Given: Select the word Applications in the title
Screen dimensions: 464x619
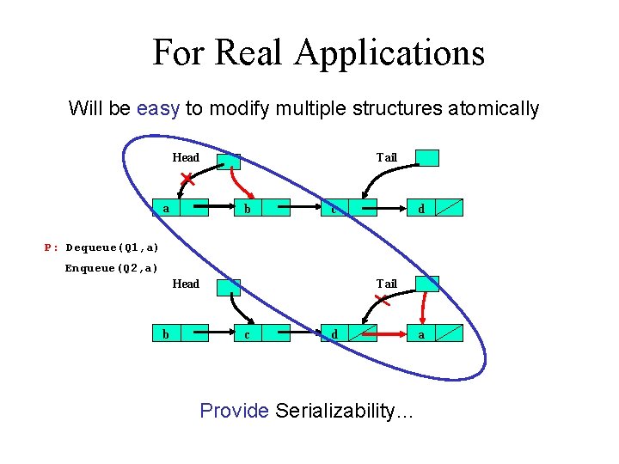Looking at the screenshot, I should pyautogui.click(x=389, y=54).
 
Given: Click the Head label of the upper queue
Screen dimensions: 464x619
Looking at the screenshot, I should pyautogui.click(x=186, y=157).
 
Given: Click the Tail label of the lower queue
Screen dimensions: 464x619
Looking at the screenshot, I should pyautogui.click(x=387, y=284).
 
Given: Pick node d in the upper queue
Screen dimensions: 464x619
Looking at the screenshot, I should pyautogui.click(x=435, y=208).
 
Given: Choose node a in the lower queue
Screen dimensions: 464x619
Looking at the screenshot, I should pyautogui.click(x=435, y=333).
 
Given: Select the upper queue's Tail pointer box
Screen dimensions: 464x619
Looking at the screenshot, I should pyautogui.click(x=427, y=158).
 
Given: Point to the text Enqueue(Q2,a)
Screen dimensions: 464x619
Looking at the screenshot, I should pyautogui.click(x=112, y=268).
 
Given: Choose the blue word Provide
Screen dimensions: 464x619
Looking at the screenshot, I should pyautogui.click(x=235, y=411).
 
